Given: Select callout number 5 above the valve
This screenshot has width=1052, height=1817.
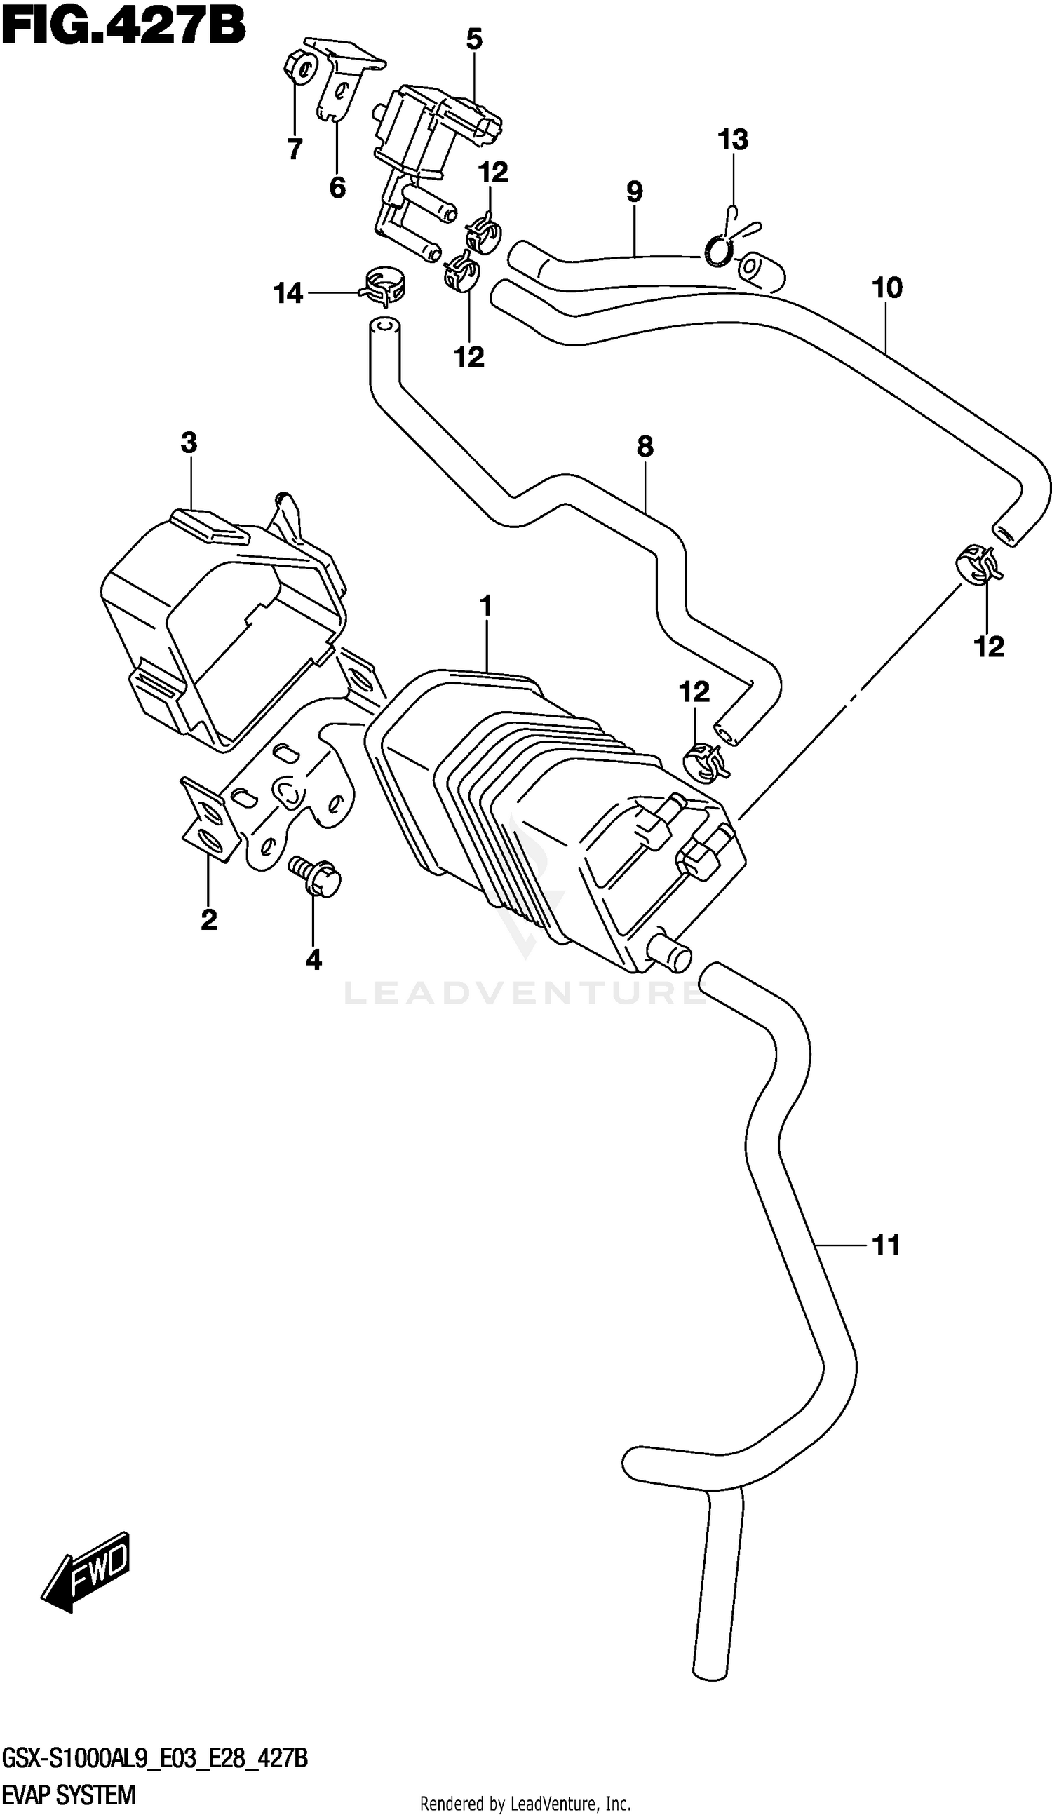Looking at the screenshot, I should tap(473, 39).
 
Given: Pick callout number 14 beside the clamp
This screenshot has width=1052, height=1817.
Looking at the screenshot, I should tap(288, 293).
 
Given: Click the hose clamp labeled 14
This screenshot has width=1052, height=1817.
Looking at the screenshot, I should tap(383, 285).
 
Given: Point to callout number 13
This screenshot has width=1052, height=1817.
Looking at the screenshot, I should tap(733, 139).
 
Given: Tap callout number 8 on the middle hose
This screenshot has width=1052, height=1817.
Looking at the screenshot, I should tap(645, 446).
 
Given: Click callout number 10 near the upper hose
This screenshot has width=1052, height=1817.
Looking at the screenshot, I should tap(887, 288).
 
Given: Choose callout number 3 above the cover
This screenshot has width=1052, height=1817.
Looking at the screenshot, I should tap(189, 442).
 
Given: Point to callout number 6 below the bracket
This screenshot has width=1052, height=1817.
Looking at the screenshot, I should tap(337, 187).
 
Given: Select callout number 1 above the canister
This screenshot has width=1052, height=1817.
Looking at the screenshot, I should tap(486, 607).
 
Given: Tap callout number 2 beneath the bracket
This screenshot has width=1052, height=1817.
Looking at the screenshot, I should tap(208, 919).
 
